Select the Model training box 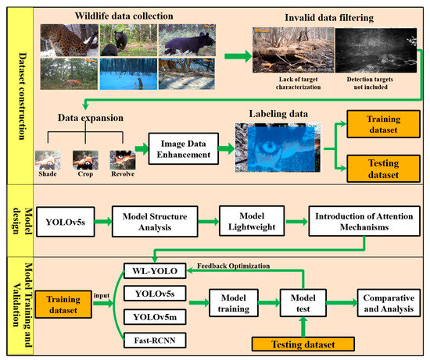[233, 304]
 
